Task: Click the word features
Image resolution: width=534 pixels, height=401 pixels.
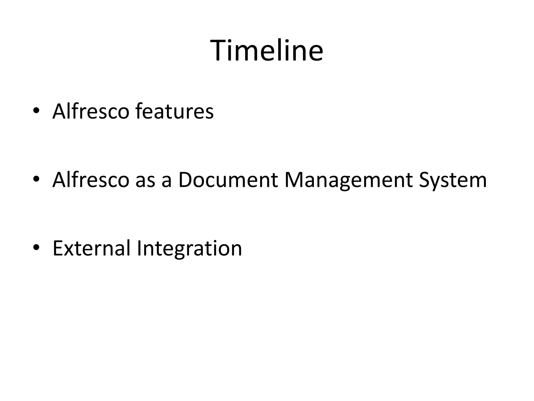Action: pyautogui.click(x=174, y=111)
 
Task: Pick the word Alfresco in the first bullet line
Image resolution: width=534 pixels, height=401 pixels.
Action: pyautogui.click(x=91, y=111)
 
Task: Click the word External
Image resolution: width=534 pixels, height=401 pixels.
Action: pyautogui.click(x=91, y=248)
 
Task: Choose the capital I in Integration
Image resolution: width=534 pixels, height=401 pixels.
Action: pyautogui.click(x=139, y=248)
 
